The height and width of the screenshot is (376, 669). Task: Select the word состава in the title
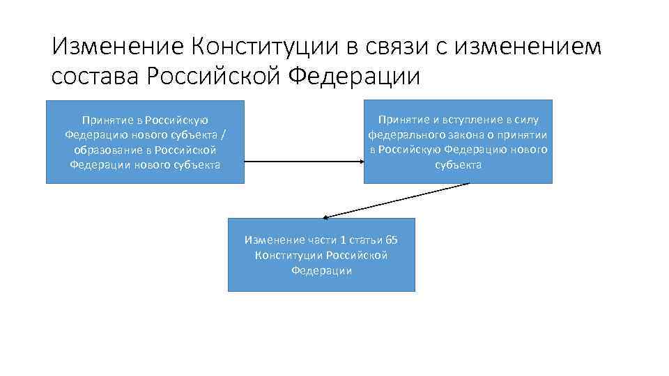95,76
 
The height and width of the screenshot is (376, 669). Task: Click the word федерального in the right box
403,135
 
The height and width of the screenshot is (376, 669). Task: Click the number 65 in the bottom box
392,240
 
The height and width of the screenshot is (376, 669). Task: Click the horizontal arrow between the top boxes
304,162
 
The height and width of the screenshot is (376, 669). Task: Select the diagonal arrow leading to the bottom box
397,200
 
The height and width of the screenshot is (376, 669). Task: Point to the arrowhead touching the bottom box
325,217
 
